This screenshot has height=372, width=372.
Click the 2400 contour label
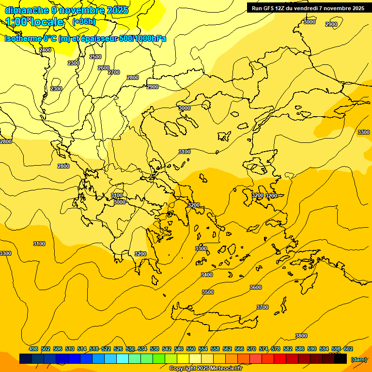point(45,50)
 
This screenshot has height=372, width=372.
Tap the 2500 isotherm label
point(95,57)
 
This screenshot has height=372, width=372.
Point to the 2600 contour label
point(104,68)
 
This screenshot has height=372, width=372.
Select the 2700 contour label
point(114,72)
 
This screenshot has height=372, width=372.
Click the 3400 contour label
point(207,275)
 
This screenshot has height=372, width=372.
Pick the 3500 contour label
point(208,292)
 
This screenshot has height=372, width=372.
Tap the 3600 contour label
point(256,287)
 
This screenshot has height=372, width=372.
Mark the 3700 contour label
point(263,307)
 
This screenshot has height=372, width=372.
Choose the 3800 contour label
point(301,336)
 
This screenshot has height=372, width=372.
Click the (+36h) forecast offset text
point(84,22)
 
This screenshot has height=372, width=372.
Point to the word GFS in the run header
point(270,8)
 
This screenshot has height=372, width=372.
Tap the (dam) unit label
point(358,359)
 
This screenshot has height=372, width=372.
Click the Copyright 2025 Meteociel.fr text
point(205,368)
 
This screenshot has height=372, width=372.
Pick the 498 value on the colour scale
point(33,349)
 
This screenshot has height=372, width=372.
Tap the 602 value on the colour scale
point(348,349)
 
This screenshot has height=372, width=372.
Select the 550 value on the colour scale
point(191,349)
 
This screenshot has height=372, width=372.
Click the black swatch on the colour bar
point(341,358)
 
